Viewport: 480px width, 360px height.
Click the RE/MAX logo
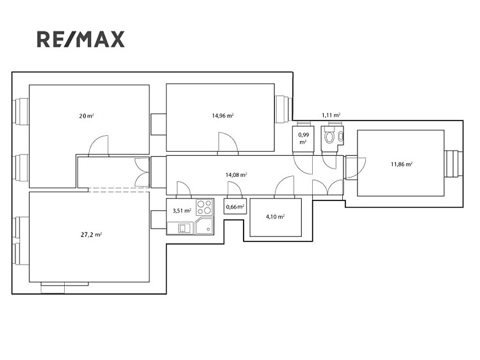[x=81, y=39]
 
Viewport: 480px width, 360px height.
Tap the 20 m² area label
[x=87, y=116]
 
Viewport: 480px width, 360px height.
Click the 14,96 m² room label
[x=223, y=115]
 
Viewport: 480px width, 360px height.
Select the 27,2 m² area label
[x=91, y=235]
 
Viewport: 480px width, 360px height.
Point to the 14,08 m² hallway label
[x=236, y=175]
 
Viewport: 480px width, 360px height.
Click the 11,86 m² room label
[x=402, y=164]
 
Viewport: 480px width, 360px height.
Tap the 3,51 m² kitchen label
[x=182, y=211]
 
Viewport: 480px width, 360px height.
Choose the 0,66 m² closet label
[x=235, y=207]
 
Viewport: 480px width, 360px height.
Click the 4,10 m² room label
[x=275, y=217]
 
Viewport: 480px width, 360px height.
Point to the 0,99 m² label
[x=303, y=138]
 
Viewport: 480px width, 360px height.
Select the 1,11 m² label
[x=331, y=115]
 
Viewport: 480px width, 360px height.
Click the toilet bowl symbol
[x=329, y=137]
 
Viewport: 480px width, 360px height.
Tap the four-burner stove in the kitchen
[x=204, y=207]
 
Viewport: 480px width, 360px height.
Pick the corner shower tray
[x=204, y=225]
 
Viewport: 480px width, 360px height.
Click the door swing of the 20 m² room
[x=98, y=145]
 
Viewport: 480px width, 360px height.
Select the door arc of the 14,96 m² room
[x=228, y=142]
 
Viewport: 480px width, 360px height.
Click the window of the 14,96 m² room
[x=284, y=109]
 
